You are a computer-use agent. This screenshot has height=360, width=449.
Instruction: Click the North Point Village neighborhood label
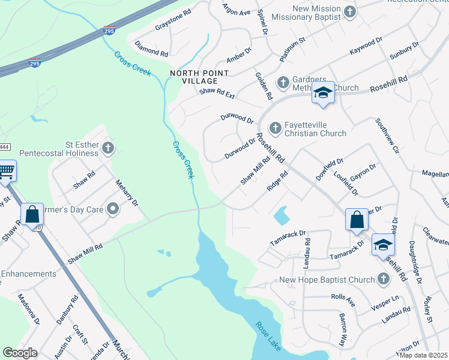coord(199,78)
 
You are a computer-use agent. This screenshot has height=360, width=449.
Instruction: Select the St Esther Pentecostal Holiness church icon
coord(108,148)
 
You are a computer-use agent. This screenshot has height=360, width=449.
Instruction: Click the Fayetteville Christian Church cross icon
coord(275,127)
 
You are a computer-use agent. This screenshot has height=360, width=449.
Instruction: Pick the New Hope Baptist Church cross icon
coord(384,279)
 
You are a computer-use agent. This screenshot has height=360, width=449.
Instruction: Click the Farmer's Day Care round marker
coord(113,209)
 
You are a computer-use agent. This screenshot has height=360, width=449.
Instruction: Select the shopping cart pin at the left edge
coord(5,170)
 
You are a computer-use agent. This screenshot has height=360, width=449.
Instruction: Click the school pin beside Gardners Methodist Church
coord(323,93)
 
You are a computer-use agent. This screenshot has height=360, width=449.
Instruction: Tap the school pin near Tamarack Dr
coord(383,245)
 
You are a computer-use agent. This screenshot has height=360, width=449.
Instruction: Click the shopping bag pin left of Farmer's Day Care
coord(32,214)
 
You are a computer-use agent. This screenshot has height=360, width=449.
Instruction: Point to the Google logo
coord(20,353)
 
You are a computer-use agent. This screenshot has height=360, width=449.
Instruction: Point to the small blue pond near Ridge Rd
coord(280,214)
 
